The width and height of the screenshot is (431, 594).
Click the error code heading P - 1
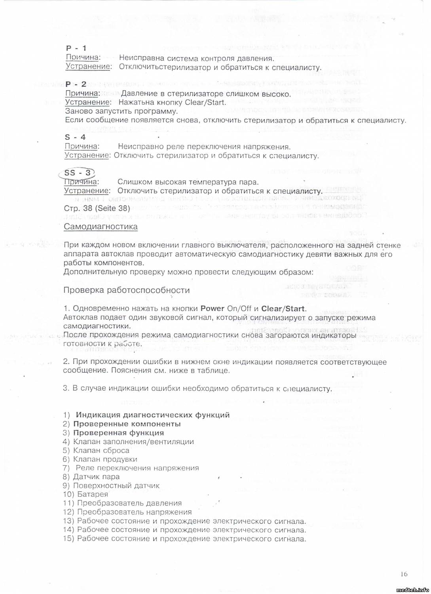76,48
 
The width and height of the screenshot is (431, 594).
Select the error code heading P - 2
76,84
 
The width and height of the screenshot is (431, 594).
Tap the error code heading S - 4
75,137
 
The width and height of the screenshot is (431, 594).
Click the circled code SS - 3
78,173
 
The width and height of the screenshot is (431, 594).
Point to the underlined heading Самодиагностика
101,227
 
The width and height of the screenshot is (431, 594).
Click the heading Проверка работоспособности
126,290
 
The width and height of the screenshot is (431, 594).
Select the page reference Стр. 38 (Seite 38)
97,208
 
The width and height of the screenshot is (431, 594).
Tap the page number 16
404,574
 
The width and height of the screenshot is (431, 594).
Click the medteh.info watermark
412,590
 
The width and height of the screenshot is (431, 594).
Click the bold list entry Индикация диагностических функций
152,415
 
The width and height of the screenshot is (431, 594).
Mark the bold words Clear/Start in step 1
283,308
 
